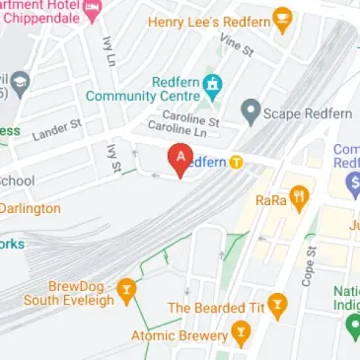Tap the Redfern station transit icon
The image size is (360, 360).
tap(237, 162)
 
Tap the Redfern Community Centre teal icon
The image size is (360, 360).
tap(210, 88)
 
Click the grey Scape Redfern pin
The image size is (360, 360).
tap(250, 112)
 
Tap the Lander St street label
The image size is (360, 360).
tap(56, 129)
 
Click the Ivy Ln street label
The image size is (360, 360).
tap(108, 55)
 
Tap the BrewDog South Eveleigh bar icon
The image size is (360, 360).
tap(125, 289)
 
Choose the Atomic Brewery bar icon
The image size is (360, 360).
tap(239, 334)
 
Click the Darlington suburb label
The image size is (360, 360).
tap(30, 209)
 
